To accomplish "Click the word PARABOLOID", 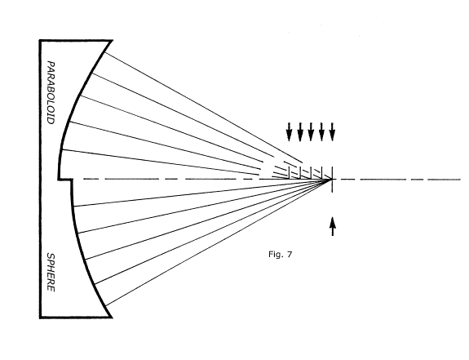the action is [x=51, y=93].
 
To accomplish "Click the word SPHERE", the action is [x=51, y=273].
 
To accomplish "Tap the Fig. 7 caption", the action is [x=280, y=255].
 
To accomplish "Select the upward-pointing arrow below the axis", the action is [x=333, y=227].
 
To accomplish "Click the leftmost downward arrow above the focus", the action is [x=289, y=131].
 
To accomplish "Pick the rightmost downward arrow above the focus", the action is [x=332, y=131].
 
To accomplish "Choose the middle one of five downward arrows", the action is [x=311, y=131].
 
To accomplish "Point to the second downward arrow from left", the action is [x=300, y=131].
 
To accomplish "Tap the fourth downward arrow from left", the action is [x=321, y=131].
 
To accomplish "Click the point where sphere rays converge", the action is [x=332, y=180].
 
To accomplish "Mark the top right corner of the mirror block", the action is [x=113, y=40].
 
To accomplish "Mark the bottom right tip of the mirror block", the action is [x=112, y=318].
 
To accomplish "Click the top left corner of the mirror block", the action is [x=40, y=40].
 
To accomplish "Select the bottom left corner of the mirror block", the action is [x=40, y=318].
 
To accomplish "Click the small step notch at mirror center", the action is [x=66, y=180].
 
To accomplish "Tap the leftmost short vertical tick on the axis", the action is [x=290, y=173].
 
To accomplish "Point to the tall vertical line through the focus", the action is [x=332, y=180].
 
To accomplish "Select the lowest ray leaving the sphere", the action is [x=219, y=242].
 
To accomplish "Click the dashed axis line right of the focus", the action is [x=397, y=180].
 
